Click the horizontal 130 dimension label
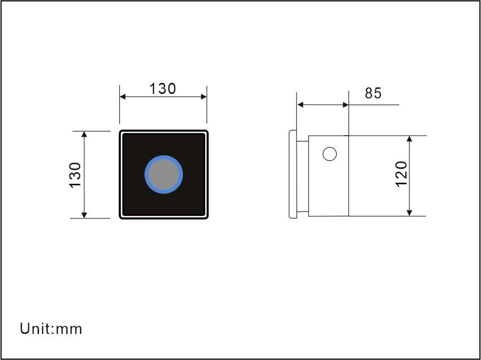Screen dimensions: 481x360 coord(162,89)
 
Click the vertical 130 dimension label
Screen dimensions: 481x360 coord(75,175)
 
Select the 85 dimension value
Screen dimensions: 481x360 coord(373,93)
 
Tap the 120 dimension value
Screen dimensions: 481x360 coord(401,174)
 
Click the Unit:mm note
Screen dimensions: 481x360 coord(51,328)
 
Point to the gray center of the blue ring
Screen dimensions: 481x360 coord(164,175)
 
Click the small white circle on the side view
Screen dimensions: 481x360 coord(330,154)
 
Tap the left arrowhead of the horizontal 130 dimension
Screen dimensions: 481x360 coord(123,97)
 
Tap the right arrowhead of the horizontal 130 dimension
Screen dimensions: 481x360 coord(204,97)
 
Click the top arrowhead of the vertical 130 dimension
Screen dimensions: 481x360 coord(84,134)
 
